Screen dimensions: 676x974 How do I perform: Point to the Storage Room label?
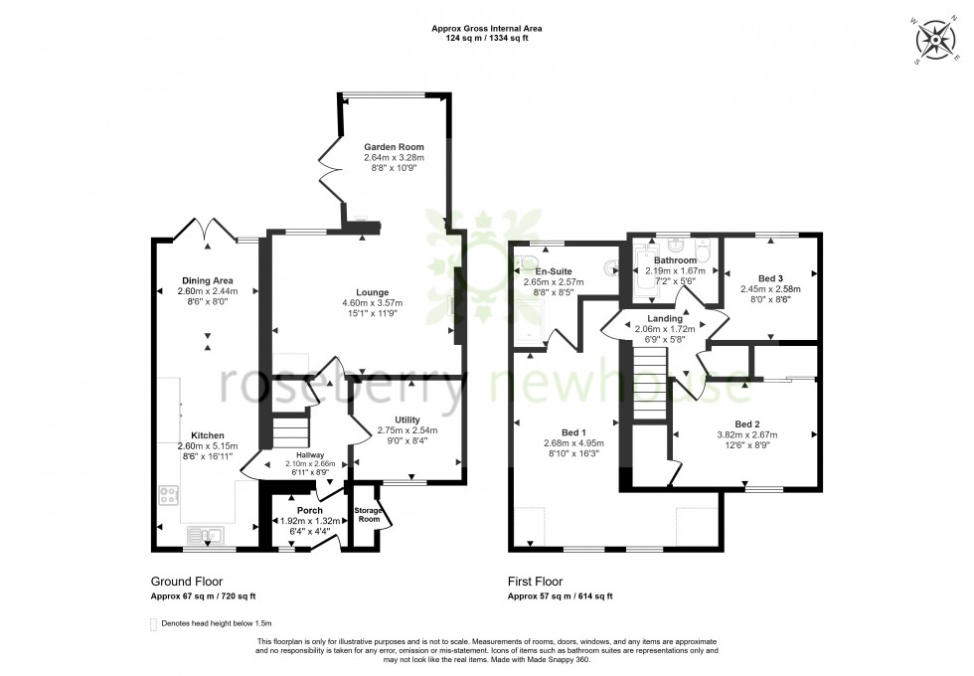368,514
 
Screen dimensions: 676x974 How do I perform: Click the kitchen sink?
210,536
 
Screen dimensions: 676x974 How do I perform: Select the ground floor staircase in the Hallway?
289,432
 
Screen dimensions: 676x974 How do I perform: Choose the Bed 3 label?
767,277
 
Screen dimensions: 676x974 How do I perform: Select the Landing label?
665,318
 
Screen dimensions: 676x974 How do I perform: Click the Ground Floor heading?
186,582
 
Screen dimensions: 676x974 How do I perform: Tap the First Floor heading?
535,582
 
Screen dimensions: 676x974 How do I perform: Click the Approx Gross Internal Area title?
486,29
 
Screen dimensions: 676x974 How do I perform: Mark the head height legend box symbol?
152,623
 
